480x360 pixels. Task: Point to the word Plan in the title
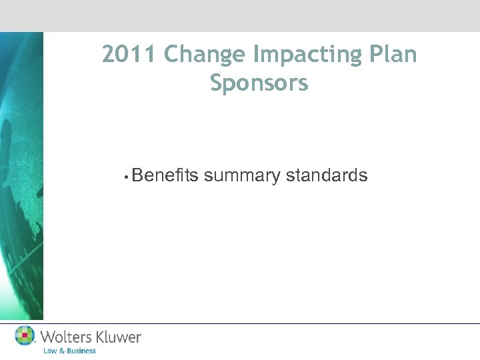(x=391, y=55)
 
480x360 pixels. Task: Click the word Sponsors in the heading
(x=259, y=84)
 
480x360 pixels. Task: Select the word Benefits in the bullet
(x=165, y=175)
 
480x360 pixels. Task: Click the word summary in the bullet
(x=242, y=177)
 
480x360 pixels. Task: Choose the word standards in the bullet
(x=327, y=175)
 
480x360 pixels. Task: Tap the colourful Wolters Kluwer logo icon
(x=25, y=335)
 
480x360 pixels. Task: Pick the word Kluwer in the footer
(x=119, y=337)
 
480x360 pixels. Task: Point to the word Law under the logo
(x=50, y=351)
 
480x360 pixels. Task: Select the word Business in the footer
(x=81, y=351)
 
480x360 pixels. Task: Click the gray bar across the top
(x=240, y=15)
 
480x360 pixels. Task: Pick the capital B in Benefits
(x=137, y=175)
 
